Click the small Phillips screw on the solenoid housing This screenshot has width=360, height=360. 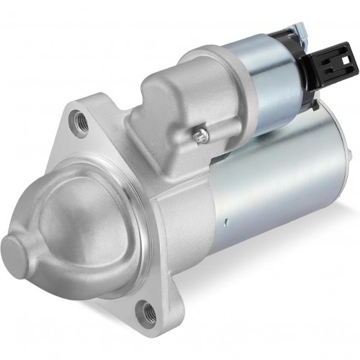(202, 133)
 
